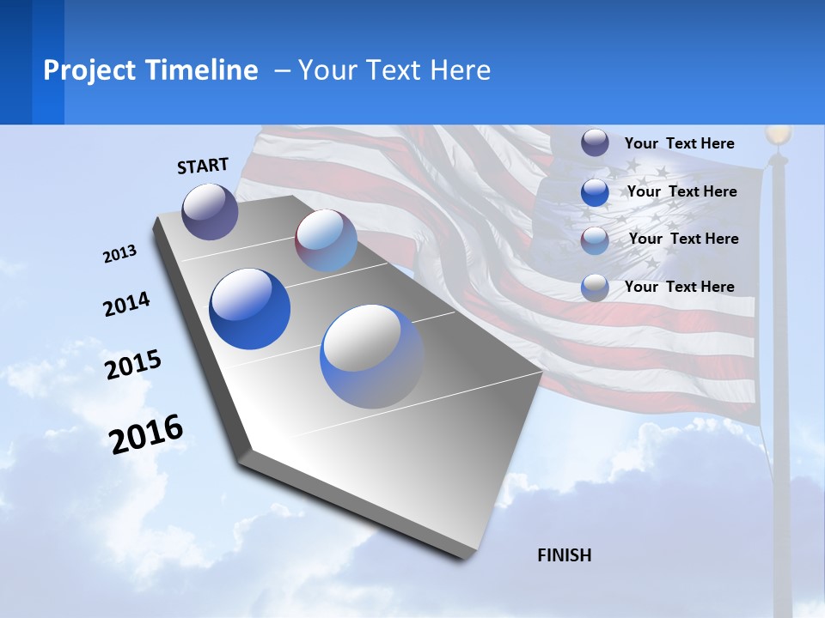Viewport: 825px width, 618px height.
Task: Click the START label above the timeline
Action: coord(203,166)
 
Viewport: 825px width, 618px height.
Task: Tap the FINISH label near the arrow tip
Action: coord(564,555)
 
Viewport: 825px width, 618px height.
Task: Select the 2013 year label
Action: coord(119,254)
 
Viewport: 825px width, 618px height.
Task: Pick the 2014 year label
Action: coord(126,305)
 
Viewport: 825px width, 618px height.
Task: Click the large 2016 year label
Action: coord(146,433)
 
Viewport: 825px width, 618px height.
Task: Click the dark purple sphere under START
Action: coord(211,211)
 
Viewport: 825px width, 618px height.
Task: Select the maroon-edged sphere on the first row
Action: coord(326,240)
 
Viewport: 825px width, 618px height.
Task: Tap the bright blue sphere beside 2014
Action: coord(249,309)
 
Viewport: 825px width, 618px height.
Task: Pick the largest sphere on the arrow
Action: coord(372,356)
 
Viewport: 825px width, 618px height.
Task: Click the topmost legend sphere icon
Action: coord(595,142)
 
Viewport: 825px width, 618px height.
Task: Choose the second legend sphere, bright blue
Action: coord(595,192)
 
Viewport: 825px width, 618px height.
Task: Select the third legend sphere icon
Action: coord(595,240)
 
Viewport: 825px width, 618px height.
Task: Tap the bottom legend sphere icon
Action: coord(595,288)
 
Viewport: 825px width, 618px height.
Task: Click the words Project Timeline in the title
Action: coord(150,70)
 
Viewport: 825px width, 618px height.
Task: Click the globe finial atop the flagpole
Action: coord(778,135)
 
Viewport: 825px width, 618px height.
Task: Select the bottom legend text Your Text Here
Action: coord(679,287)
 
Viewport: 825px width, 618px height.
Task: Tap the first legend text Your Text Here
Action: coord(679,143)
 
